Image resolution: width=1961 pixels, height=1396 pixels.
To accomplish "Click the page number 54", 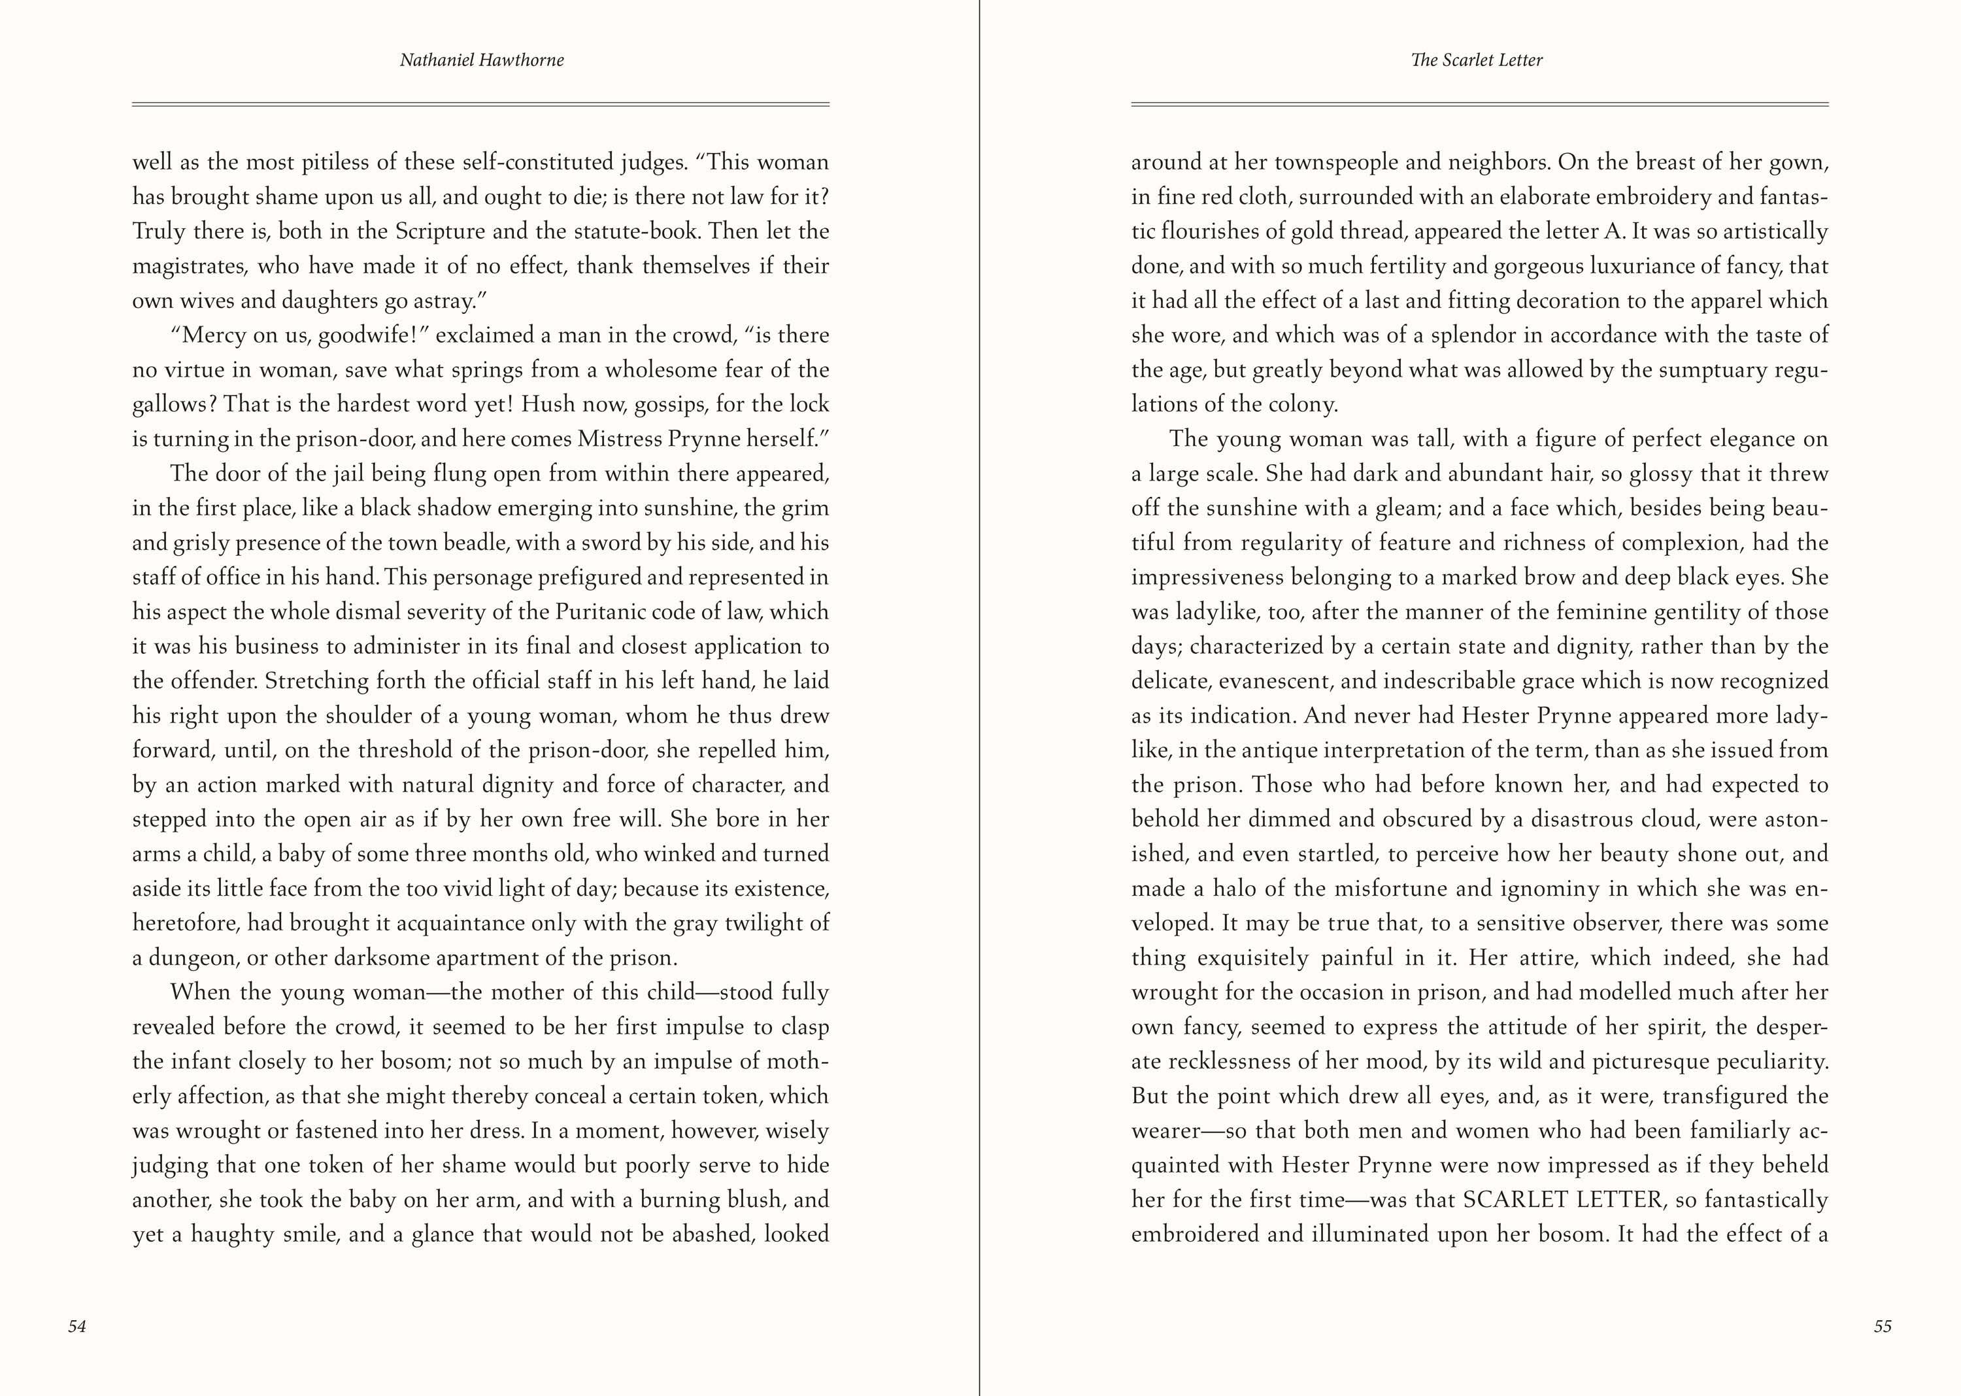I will click(77, 1327).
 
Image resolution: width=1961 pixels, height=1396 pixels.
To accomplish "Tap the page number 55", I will click(1883, 1327).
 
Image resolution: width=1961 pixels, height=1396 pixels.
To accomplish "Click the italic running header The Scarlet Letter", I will click(1477, 60).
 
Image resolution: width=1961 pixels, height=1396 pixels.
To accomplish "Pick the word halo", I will click(1239, 889).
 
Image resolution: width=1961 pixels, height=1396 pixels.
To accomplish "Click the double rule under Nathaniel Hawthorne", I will click(480, 104).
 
